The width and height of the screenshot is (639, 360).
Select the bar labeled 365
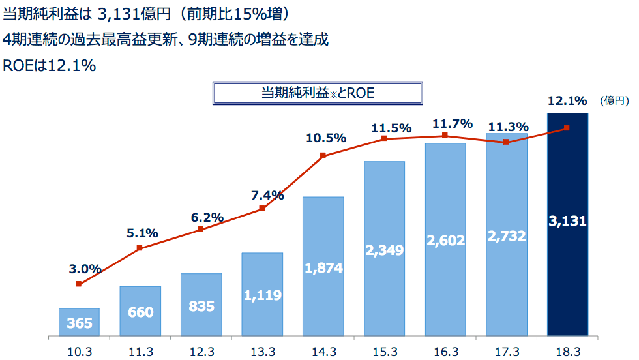tap(79, 322)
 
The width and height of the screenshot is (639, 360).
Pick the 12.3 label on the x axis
tap(201, 352)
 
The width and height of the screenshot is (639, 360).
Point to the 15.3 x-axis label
tap(385, 352)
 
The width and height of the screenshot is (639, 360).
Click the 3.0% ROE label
tap(85, 268)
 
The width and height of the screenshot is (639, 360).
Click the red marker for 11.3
tap(140, 248)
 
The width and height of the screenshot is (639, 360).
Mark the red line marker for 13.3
tap(262, 209)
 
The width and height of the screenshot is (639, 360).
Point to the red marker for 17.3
tap(505, 142)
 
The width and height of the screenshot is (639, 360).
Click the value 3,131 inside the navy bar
tap(567, 221)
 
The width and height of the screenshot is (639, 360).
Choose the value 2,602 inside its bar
tap(445, 241)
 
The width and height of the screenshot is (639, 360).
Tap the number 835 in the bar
tap(201, 306)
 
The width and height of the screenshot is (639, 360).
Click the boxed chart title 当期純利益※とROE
tap(318, 93)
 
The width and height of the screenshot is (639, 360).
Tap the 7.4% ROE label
tap(268, 195)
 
